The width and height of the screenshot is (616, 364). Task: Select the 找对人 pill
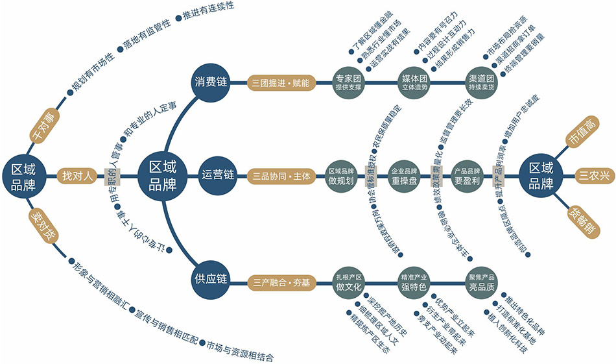tap(77, 175)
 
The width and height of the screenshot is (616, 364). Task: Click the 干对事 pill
tap(45, 126)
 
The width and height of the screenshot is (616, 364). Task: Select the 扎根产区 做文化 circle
tap(349, 282)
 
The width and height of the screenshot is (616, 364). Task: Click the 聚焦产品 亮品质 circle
tap(482, 282)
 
